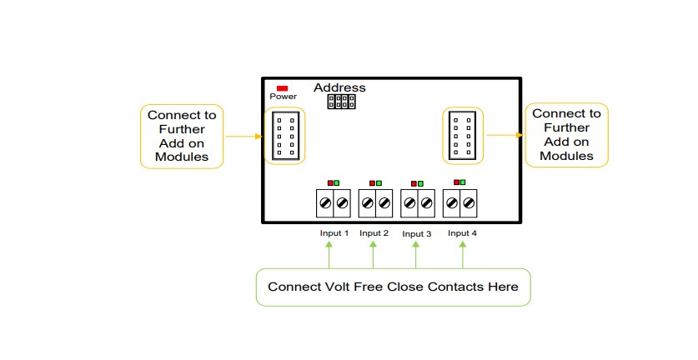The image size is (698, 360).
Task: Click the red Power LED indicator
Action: coord(283,87)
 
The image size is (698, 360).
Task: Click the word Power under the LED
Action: coord(283,97)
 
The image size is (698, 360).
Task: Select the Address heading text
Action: coord(339,87)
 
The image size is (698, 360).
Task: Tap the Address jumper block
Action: coord(341,102)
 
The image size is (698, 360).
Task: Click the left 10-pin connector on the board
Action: coord(284,136)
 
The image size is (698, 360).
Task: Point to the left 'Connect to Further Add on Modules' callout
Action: coord(182,136)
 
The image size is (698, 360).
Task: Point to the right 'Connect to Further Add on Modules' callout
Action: coord(566,134)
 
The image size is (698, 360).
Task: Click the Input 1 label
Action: coord(334,233)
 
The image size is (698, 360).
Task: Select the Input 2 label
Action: coord(374,233)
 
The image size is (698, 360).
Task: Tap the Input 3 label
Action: coord(416,234)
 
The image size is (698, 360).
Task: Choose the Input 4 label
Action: coord(462,233)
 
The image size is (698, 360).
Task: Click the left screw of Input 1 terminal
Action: coord(325,202)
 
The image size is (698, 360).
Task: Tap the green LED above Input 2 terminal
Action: coord(379,182)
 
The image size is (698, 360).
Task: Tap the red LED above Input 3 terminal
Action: coord(414,182)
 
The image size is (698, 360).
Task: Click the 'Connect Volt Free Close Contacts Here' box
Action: coord(393,287)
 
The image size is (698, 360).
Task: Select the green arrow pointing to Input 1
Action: coord(330,254)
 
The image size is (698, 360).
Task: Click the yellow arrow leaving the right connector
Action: coord(505,134)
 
